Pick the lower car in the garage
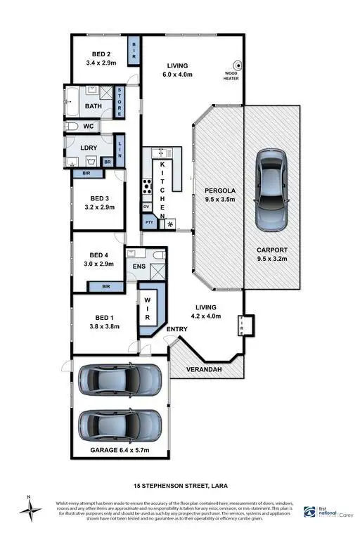[x=120, y=424]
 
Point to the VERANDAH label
[x=204, y=369]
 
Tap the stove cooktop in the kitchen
[x=148, y=187]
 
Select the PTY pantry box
[x=148, y=222]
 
